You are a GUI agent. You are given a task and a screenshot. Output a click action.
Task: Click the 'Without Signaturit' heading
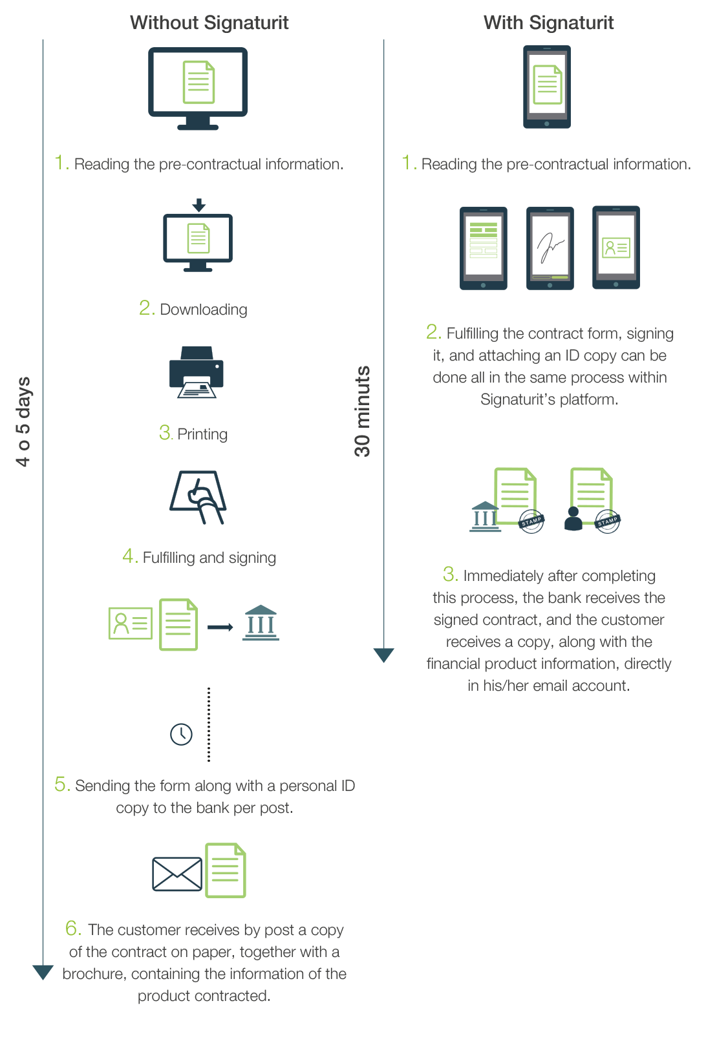coord(209,23)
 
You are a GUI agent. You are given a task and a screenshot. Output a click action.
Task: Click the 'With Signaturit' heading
coord(548,23)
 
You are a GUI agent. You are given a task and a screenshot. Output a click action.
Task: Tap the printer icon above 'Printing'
coord(197,372)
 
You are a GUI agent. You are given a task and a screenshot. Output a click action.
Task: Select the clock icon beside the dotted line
coord(181,734)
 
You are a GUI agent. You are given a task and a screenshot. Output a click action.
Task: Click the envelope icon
coord(177,874)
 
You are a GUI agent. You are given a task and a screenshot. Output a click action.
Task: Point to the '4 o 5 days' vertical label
coord(23,421)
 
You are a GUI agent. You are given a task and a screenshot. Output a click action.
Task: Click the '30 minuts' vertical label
coord(363,411)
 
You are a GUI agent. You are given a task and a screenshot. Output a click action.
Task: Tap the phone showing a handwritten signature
coord(550,248)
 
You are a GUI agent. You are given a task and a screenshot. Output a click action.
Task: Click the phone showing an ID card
coord(616,247)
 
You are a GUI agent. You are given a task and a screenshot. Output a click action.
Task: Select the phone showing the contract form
coord(484,248)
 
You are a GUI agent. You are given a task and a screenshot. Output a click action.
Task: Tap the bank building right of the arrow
coord(261,623)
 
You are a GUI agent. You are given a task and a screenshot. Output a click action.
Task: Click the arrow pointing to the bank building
coord(220,627)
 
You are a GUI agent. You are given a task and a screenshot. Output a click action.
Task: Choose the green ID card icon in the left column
coord(131,624)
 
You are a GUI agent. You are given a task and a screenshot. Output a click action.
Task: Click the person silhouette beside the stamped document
coord(573,519)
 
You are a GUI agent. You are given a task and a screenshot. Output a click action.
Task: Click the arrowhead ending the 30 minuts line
coord(384,655)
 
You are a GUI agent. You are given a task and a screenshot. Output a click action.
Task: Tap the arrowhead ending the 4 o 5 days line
coord(43,972)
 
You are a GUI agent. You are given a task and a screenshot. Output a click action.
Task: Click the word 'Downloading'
coord(204,310)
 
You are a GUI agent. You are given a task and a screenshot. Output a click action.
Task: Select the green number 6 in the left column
coord(72,929)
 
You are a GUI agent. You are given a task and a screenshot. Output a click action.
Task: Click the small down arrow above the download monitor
coord(199,205)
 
